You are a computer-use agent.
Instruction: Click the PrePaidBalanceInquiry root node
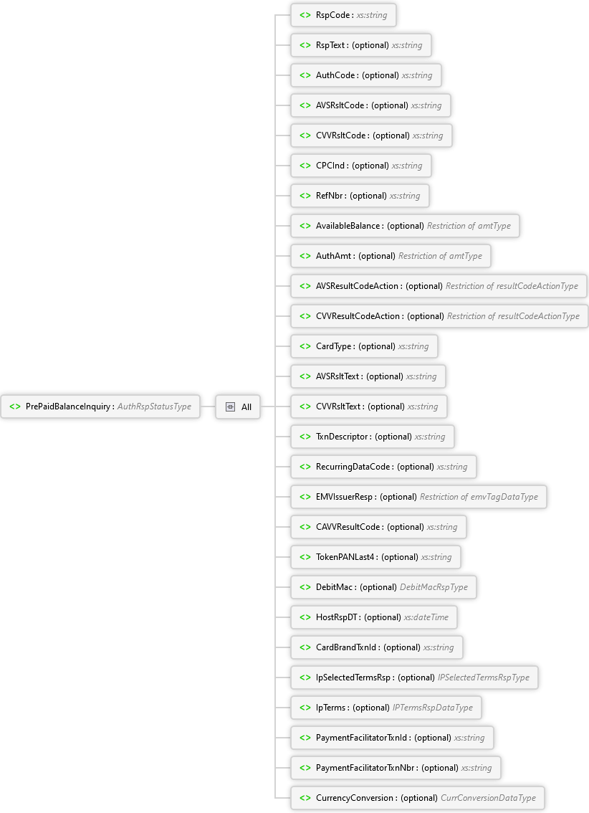point(100,406)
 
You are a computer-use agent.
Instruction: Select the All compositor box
point(238,407)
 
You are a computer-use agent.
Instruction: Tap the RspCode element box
point(343,15)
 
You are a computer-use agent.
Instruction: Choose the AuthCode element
point(366,75)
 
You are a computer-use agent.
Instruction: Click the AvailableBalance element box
point(405,226)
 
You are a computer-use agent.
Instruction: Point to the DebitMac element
point(384,587)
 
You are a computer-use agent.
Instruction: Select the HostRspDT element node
point(374,617)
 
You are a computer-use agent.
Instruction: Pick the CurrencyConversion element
point(418,798)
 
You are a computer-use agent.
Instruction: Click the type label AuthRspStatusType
point(154,406)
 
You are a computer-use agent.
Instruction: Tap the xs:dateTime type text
point(426,617)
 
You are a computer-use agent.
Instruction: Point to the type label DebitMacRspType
point(434,587)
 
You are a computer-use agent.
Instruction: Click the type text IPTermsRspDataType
point(433,708)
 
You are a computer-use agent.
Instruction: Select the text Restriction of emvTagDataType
point(479,497)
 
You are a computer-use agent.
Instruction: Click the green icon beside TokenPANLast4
point(305,557)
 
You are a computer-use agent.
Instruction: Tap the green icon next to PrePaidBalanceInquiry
point(15,406)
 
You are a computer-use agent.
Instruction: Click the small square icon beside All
point(231,407)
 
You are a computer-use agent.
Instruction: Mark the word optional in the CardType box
point(377,346)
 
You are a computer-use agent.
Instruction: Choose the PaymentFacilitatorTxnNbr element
point(396,768)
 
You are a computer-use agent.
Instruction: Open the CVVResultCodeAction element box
point(440,316)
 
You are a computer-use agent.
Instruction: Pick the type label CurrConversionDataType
point(488,798)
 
